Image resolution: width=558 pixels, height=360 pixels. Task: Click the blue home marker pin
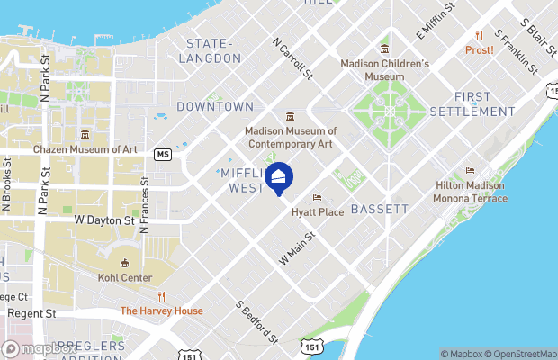tap(279, 179)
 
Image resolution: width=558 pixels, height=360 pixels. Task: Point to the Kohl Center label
tap(125, 277)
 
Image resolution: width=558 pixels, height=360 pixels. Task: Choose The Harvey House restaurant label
tap(162, 310)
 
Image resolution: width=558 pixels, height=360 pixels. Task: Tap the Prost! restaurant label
tap(479, 49)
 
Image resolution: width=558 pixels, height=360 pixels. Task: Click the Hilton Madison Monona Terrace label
tap(470, 191)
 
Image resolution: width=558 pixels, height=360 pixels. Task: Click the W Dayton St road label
tap(103, 219)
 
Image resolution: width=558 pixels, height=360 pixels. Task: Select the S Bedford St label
tap(256, 321)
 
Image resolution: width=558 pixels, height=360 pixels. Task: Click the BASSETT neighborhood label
tap(379, 209)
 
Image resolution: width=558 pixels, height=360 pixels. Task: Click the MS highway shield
tap(162, 154)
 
